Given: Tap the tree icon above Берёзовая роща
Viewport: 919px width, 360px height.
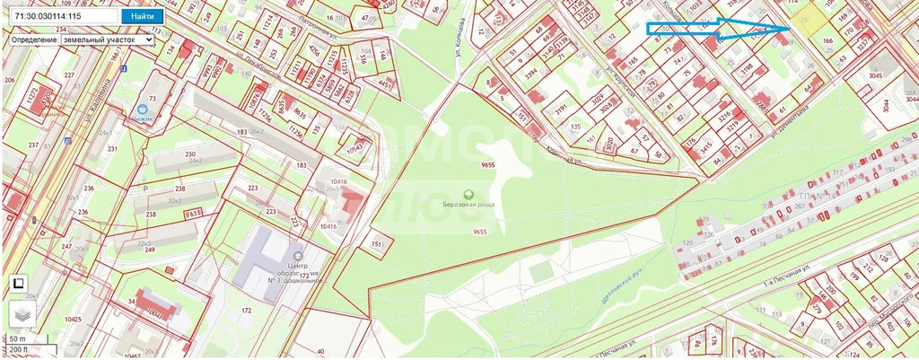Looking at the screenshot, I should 468,195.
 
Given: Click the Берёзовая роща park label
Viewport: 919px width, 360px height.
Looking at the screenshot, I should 469,206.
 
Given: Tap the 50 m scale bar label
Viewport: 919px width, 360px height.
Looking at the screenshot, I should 16,338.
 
